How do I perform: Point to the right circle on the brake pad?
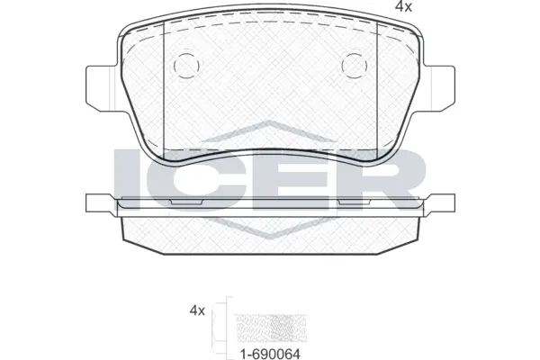[x=356, y=65]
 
